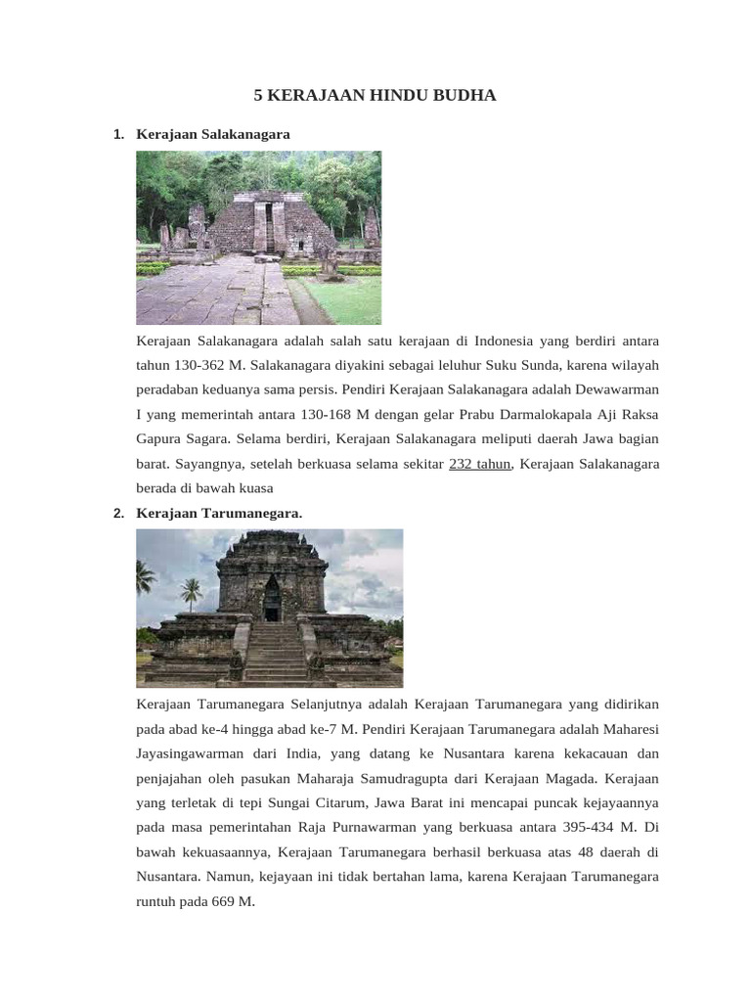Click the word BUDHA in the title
click(462, 95)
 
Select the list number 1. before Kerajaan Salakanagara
click(118, 134)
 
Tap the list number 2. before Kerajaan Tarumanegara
click(118, 513)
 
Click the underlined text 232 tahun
click(479, 464)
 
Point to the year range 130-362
click(200, 366)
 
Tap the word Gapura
click(161, 439)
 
